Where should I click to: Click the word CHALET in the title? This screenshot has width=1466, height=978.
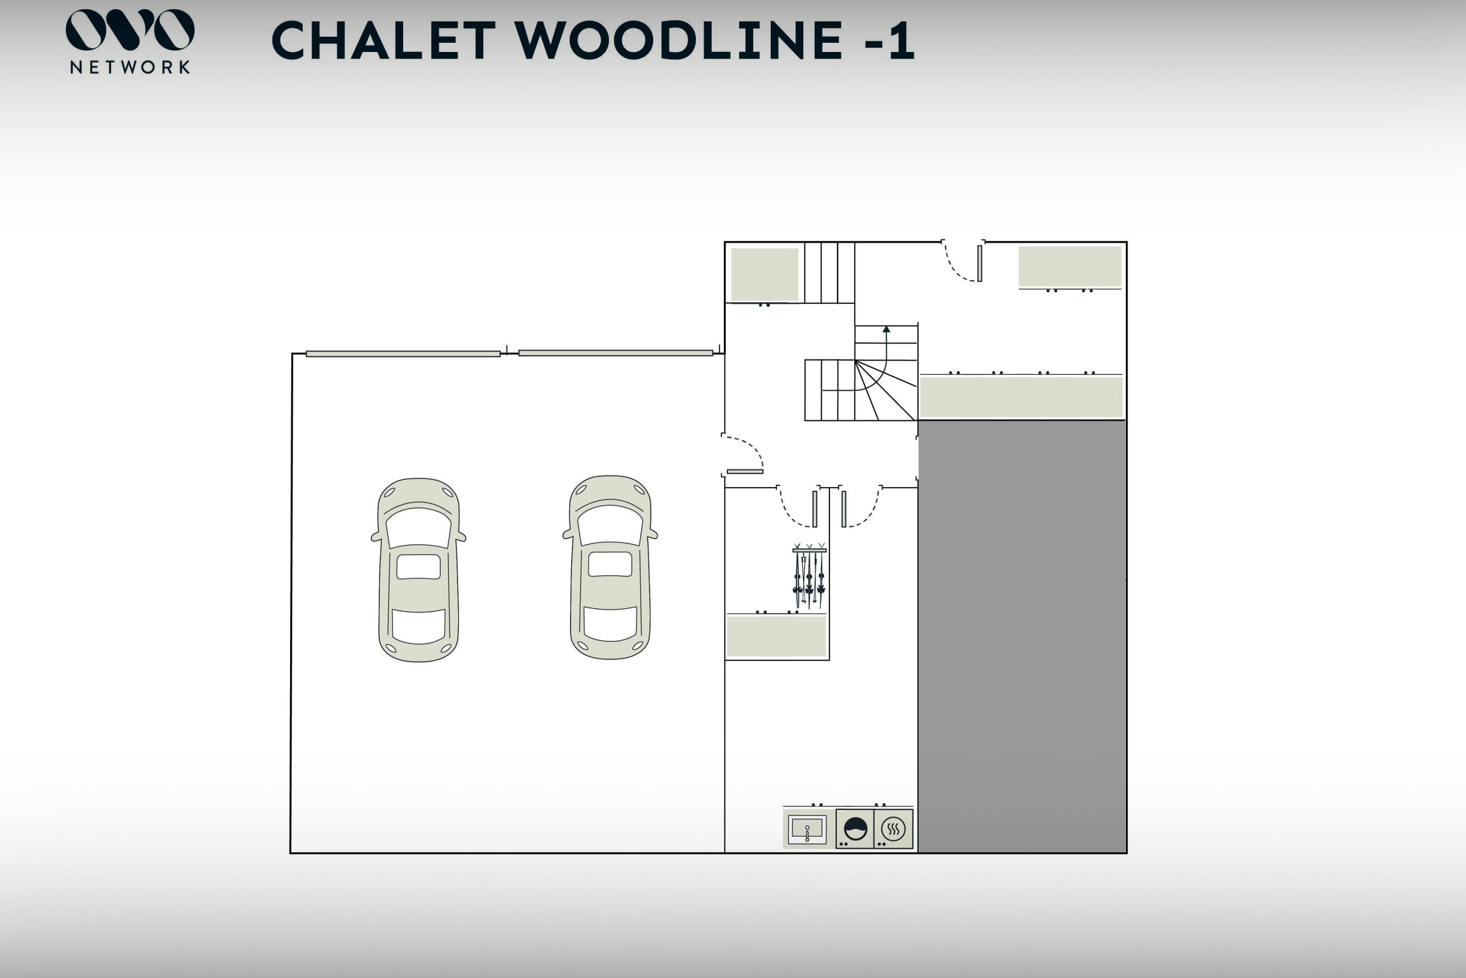click(x=384, y=40)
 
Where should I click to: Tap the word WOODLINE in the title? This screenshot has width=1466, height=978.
click(x=679, y=40)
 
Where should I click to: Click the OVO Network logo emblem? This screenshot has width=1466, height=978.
click(x=129, y=29)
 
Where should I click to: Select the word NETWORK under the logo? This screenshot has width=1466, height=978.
click(x=129, y=67)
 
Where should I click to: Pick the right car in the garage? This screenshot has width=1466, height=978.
click(x=610, y=568)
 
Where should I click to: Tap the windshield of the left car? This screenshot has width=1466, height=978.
click(x=418, y=527)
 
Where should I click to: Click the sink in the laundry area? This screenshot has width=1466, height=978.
click(x=807, y=829)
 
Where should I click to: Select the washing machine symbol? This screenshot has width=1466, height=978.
click(x=855, y=829)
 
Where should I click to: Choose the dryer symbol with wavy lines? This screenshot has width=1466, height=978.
click(x=893, y=829)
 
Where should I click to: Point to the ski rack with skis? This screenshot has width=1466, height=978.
click(x=809, y=577)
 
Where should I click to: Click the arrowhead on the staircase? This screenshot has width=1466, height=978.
click(x=886, y=329)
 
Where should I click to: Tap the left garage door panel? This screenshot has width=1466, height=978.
click(x=403, y=354)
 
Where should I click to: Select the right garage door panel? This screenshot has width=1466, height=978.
click(x=615, y=353)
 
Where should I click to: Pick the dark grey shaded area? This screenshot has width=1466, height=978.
click(x=1021, y=636)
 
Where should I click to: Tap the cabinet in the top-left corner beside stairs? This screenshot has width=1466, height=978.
click(x=764, y=274)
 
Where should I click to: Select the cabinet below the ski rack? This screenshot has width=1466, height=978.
click(x=776, y=636)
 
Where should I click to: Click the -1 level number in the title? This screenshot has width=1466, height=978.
click(x=889, y=40)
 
